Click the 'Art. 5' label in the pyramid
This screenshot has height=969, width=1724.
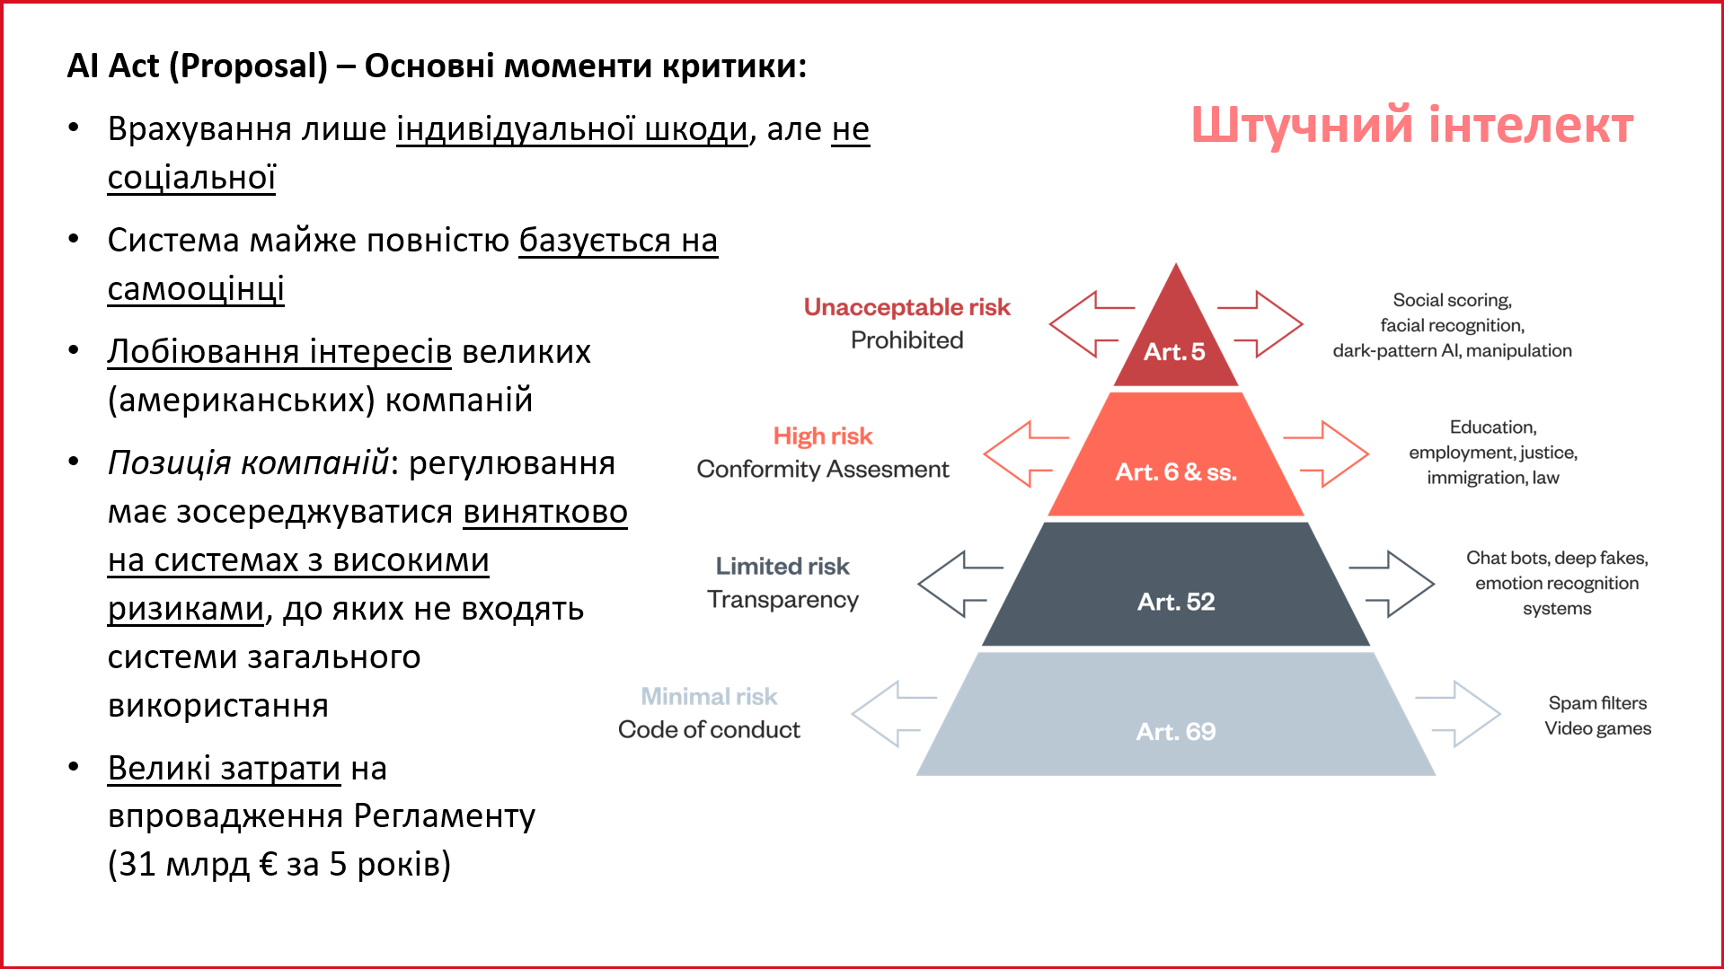pyautogui.click(x=1174, y=352)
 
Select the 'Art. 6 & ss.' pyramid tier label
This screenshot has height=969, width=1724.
pyautogui.click(x=1176, y=472)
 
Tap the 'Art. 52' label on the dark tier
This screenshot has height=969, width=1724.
pyautogui.click(x=1176, y=602)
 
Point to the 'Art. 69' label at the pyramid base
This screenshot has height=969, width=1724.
pyautogui.click(x=1176, y=732)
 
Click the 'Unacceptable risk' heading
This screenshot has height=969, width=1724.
pyautogui.click(x=907, y=307)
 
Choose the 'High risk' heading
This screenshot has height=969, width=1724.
pyautogui.click(x=823, y=436)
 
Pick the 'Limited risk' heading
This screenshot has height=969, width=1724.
pyautogui.click(x=782, y=567)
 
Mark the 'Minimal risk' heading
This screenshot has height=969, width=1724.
pyautogui.click(x=709, y=697)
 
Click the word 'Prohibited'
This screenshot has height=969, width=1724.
pyautogui.click(x=907, y=340)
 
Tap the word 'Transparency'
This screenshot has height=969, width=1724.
pyautogui.click(x=782, y=600)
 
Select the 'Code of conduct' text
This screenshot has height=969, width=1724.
pyautogui.click(x=709, y=730)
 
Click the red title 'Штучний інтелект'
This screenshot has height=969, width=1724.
pyautogui.click(x=1412, y=124)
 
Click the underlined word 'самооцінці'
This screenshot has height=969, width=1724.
pyautogui.click(x=196, y=289)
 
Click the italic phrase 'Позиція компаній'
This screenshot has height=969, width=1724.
pyautogui.click(x=248, y=463)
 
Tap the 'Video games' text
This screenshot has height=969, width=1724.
pyautogui.click(x=1598, y=728)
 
